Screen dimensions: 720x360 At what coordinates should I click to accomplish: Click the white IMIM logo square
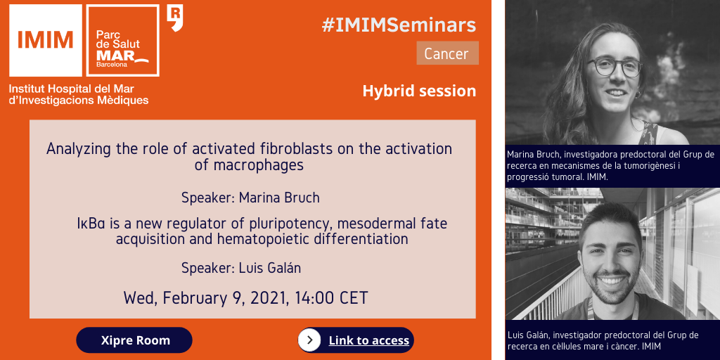point(46,40)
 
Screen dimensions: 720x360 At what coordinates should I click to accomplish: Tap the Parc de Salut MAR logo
point(123,40)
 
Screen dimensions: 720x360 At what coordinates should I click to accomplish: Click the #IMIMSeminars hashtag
point(399,26)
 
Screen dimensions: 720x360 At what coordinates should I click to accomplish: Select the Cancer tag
point(447,53)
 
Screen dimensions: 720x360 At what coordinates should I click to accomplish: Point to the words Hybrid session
point(419,91)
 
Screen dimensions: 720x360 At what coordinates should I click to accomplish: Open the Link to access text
point(368,340)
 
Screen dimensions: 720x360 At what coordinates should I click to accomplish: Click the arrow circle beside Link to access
point(309,340)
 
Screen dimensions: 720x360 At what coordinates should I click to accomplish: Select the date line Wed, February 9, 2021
point(245,298)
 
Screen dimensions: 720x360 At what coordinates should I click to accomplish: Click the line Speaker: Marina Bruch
point(250,198)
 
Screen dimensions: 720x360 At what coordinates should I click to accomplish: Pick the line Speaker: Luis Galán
point(241,268)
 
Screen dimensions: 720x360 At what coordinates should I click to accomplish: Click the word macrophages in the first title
point(249,165)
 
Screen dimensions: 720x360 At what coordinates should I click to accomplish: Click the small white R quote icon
point(175,18)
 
